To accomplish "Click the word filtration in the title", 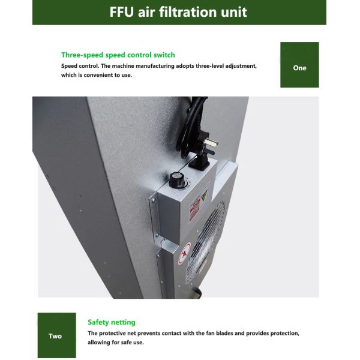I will [x=191, y=12].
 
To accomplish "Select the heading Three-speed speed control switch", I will [x=118, y=55].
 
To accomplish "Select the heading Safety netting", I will [x=112, y=322].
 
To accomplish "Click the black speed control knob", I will [x=176, y=179].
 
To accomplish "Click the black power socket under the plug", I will [x=199, y=162].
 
